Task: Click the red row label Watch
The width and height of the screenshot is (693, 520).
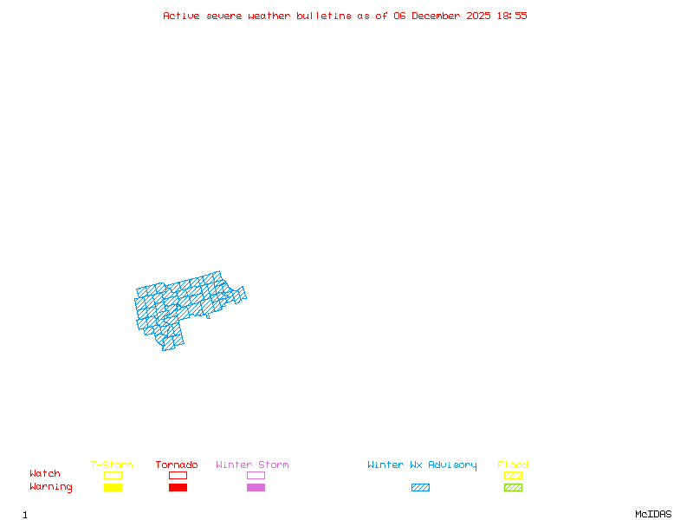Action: pyautogui.click(x=45, y=474)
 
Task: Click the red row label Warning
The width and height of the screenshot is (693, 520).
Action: pyautogui.click(x=51, y=487)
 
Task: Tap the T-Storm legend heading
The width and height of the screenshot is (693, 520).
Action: pyautogui.click(x=112, y=465)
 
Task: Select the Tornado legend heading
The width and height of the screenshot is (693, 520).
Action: pyautogui.click(x=177, y=465)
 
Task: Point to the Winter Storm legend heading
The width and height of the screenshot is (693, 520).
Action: pyautogui.click(x=252, y=465)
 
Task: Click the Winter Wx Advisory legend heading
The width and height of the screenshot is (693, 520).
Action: pyautogui.click(x=422, y=465)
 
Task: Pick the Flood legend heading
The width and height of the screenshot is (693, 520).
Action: pyautogui.click(x=513, y=465)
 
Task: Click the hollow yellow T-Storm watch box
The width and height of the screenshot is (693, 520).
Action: pyautogui.click(x=113, y=475)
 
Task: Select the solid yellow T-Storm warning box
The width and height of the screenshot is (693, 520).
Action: pyautogui.click(x=113, y=488)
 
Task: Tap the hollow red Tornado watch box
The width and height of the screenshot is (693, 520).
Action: pyautogui.click(x=178, y=475)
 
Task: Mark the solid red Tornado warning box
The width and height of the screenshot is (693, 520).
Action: pyautogui.click(x=178, y=488)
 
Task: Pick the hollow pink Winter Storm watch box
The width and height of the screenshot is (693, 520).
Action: pyautogui.click(x=256, y=475)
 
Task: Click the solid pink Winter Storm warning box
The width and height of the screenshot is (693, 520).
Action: pyautogui.click(x=256, y=488)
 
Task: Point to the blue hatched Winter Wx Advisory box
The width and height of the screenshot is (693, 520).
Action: pyautogui.click(x=420, y=488)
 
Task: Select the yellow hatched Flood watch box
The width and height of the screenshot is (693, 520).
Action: pyautogui.click(x=513, y=475)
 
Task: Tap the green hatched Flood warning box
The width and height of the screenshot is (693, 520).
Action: pyautogui.click(x=513, y=488)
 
